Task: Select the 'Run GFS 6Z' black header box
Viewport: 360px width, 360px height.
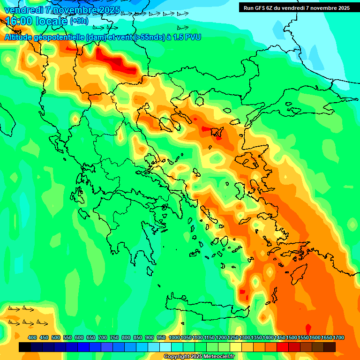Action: click(x=296, y=7)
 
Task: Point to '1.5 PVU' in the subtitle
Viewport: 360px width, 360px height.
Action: click(x=187, y=37)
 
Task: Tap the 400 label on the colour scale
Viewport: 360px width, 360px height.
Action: click(x=32, y=337)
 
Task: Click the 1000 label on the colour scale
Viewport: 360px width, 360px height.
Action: click(x=174, y=337)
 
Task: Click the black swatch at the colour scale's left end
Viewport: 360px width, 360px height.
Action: click(x=25, y=347)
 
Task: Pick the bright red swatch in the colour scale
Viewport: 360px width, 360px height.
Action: click(x=283, y=347)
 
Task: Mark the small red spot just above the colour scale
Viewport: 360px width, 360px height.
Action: click(x=308, y=327)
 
